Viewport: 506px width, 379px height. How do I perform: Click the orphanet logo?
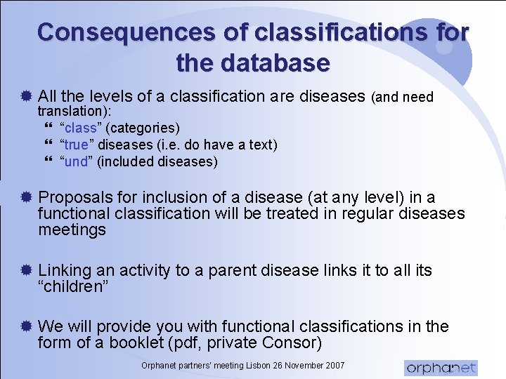[x=441, y=367]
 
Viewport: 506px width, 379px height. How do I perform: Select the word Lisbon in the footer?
[x=247, y=366]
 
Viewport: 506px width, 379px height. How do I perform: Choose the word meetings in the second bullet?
[x=72, y=230]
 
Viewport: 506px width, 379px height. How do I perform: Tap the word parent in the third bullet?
[x=216, y=270]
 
